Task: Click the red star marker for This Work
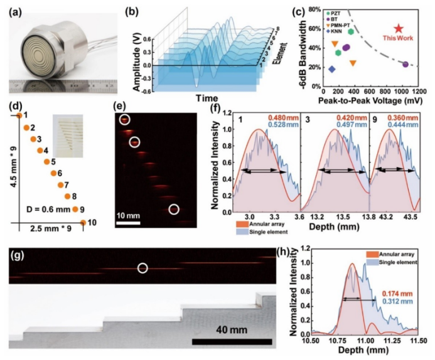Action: [x=398, y=28]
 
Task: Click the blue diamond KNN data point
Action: [x=332, y=69]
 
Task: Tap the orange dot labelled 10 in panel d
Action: [x=83, y=222]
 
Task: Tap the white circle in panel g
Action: [x=142, y=268]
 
